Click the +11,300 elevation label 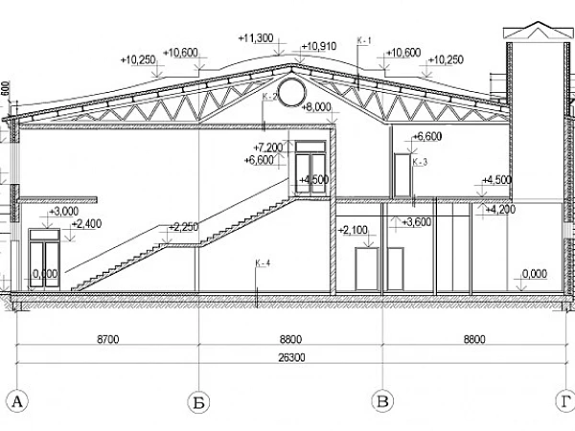[256, 38]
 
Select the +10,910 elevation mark [319, 46]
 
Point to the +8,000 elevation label [316, 107]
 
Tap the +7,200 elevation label [269, 147]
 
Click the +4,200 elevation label [500, 208]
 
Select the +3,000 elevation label [63, 211]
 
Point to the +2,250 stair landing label [183, 227]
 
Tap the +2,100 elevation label [355, 231]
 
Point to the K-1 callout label [362, 40]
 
